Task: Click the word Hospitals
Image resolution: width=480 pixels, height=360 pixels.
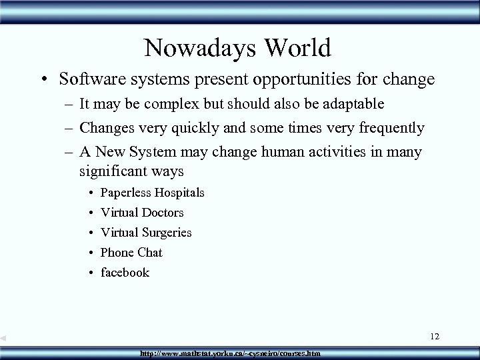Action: click(x=180, y=193)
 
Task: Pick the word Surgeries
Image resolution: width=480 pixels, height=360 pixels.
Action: click(x=167, y=233)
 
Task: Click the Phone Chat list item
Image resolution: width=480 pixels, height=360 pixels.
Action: click(x=131, y=253)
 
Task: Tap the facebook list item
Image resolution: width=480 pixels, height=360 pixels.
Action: click(x=125, y=273)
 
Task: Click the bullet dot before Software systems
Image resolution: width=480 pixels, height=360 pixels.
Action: click(x=43, y=81)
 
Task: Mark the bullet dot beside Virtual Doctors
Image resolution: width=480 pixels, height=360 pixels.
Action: click(x=89, y=213)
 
